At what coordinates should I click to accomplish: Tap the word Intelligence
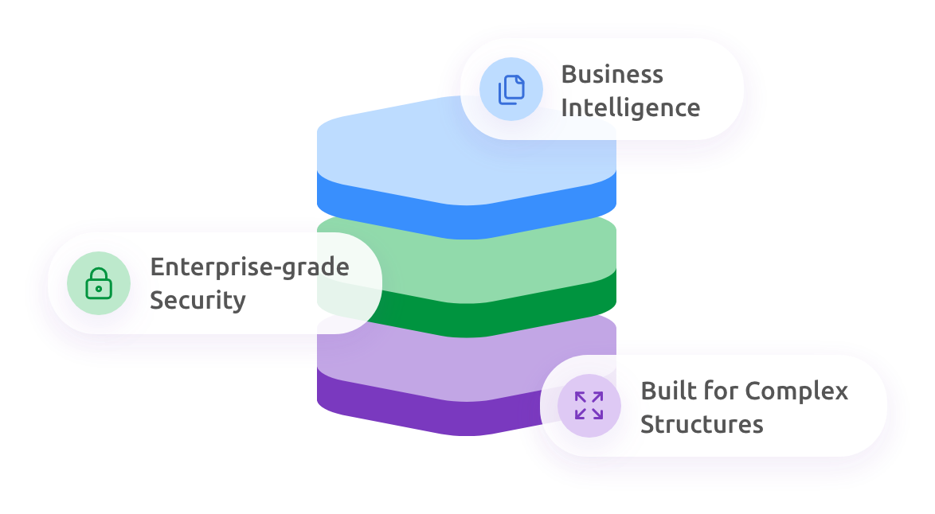[630, 107]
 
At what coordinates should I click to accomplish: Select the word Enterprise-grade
[249, 267]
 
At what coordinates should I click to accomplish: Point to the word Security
[198, 301]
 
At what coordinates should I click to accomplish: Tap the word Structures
[702, 424]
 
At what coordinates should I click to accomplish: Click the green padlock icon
[99, 283]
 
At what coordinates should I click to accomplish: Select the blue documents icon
[511, 89]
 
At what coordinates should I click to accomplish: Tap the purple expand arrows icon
[589, 405]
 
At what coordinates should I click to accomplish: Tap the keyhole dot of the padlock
[99, 289]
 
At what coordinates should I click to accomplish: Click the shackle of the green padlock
[99, 274]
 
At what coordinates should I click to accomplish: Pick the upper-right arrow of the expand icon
[597, 397]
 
